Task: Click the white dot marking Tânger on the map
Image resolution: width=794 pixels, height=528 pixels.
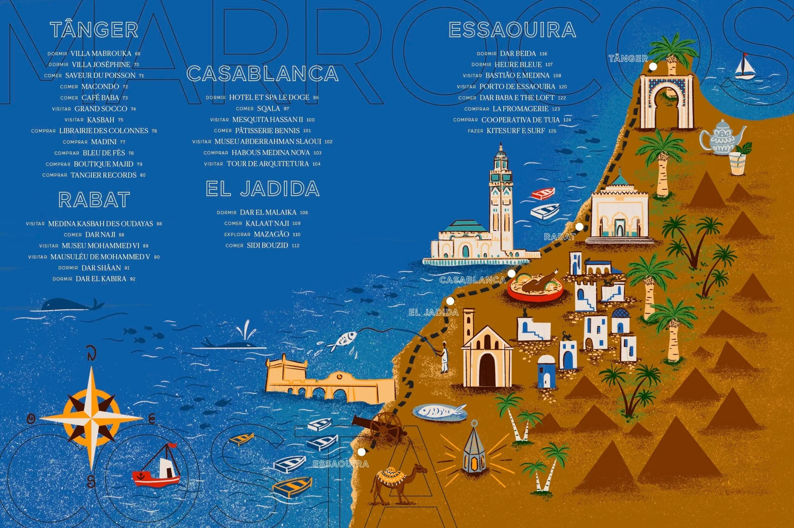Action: (x=653, y=67)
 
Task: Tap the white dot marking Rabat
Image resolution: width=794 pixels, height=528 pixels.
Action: (x=579, y=227)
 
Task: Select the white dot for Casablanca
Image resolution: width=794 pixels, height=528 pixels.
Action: (x=511, y=274)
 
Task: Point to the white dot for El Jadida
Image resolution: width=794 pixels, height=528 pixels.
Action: (x=450, y=301)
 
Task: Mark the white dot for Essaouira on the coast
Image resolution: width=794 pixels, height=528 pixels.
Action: (x=361, y=452)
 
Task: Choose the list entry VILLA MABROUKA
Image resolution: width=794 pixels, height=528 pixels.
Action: (x=101, y=54)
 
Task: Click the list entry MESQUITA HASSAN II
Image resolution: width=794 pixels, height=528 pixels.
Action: (x=268, y=119)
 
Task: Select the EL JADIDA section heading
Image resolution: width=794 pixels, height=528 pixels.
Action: (x=263, y=189)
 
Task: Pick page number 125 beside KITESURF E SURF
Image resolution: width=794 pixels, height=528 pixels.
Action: (x=552, y=131)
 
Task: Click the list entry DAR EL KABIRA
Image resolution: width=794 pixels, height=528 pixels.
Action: (x=101, y=279)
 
